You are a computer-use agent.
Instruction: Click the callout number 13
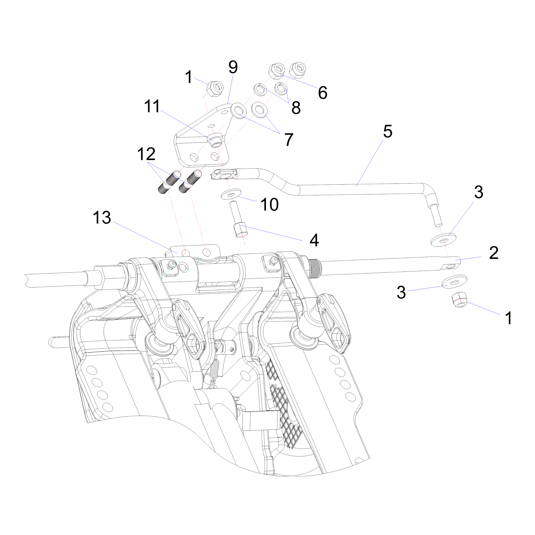click(x=102, y=218)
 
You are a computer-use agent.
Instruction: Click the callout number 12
click(x=146, y=154)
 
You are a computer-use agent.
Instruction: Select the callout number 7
click(x=289, y=140)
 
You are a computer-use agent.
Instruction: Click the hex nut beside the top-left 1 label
click(x=215, y=89)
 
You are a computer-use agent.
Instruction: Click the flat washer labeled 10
click(x=231, y=194)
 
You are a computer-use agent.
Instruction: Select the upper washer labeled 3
click(x=443, y=240)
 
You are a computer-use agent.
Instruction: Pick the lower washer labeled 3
click(x=454, y=281)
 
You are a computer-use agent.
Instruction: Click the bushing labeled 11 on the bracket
click(x=216, y=140)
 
